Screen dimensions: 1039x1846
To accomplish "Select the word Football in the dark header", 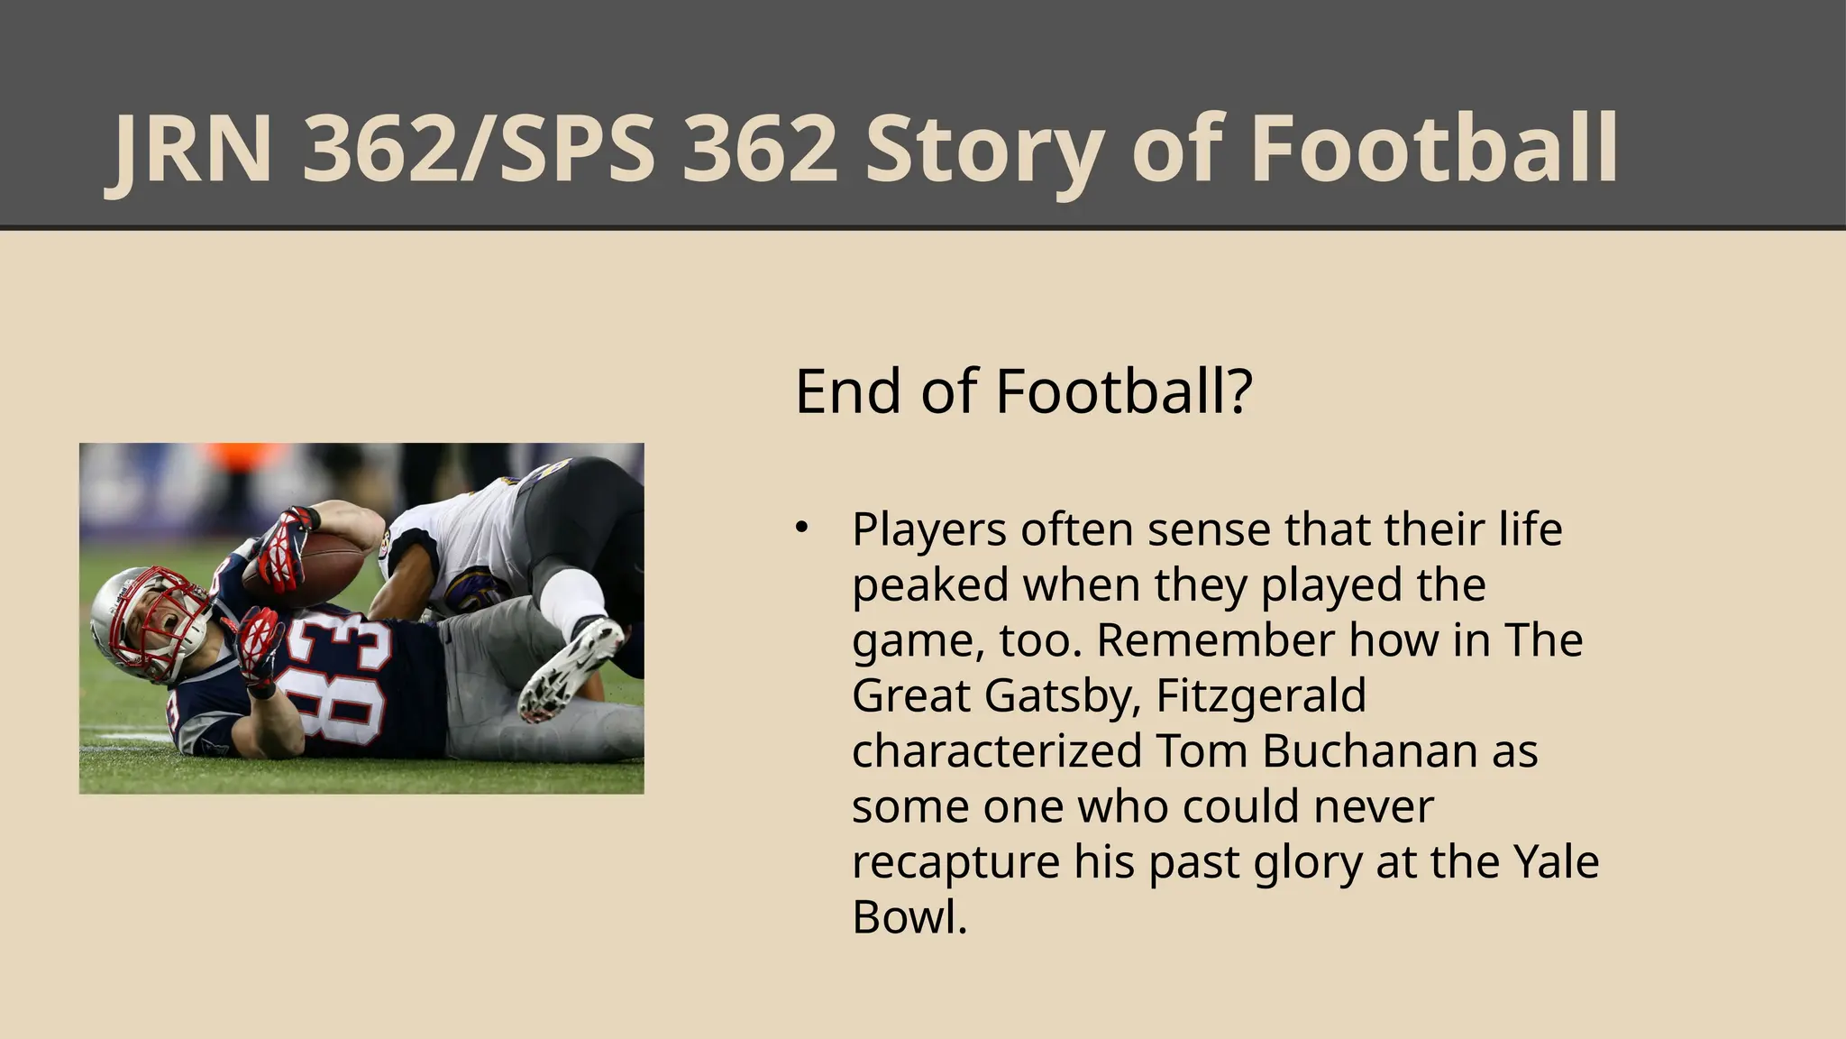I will tap(1434, 150).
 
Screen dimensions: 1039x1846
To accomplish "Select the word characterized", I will tap(996, 751).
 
